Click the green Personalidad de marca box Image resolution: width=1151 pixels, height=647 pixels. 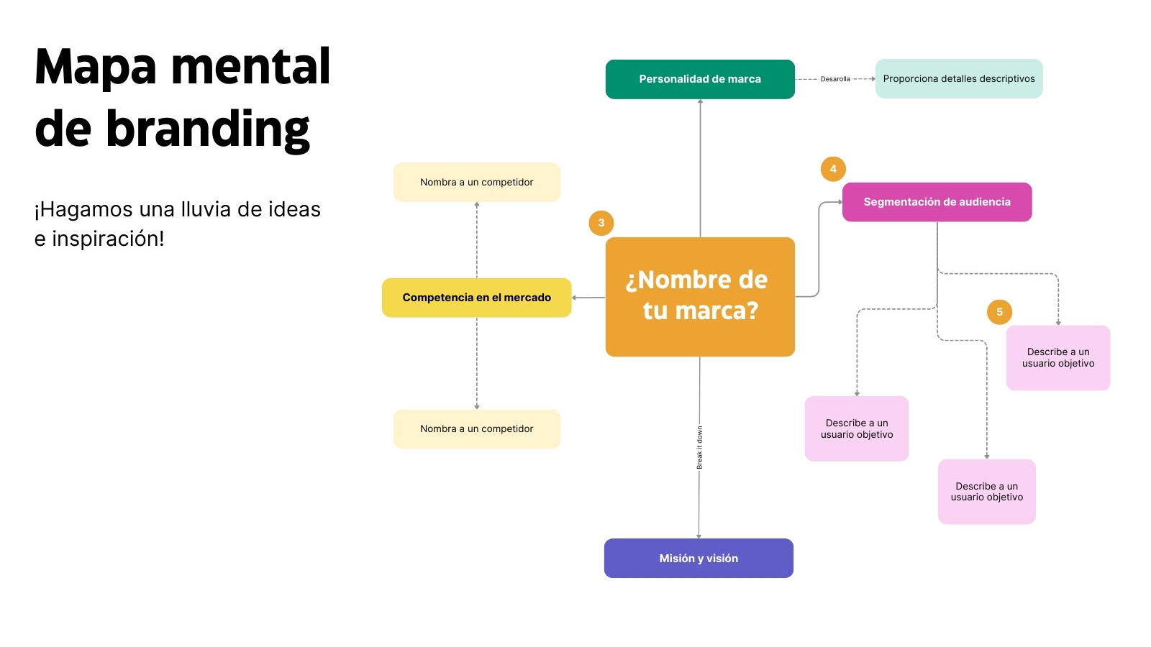[x=700, y=79]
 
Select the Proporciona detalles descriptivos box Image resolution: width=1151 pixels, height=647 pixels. [x=959, y=78]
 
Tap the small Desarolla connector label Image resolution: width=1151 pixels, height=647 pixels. [x=835, y=79]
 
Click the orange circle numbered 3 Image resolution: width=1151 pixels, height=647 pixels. [x=601, y=223]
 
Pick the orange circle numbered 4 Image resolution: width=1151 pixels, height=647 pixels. [x=833, y=169]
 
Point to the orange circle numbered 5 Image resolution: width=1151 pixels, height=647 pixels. [x=999, y=312]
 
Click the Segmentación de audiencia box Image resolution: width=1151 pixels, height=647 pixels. [x=937, y=202]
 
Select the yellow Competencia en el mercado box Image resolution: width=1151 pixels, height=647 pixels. [x=476, y=298]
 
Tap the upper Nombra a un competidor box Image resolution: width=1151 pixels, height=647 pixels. [x=476, y=183]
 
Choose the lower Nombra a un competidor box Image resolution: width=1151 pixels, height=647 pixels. [x=476, y=428]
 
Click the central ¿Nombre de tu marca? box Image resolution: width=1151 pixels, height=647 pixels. [x=700, y=297]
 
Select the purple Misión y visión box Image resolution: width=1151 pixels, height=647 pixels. [x=699, y=558]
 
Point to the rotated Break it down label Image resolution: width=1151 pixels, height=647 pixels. [x=699, y=447]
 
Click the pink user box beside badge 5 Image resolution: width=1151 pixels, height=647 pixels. [x=1058, y=358]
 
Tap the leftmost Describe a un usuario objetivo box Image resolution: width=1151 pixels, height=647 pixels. [x=857, y=428]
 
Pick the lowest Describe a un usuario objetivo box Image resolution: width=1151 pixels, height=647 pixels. [x=986, y=492]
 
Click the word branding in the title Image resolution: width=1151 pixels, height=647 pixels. [x=208, y=130]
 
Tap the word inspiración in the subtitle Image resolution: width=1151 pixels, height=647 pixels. [x=108, y=239]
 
